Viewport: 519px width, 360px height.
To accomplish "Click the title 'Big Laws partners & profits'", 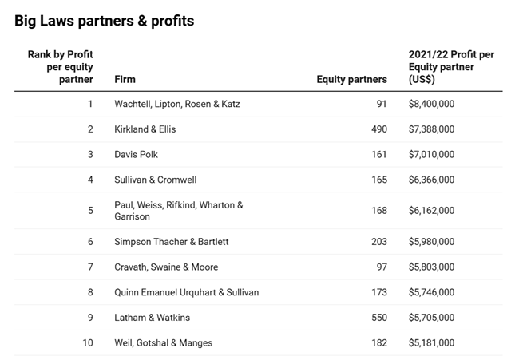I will (104, 22).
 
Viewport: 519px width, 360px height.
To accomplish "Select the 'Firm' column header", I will (125, 79).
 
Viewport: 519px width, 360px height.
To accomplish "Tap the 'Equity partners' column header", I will (351, 79).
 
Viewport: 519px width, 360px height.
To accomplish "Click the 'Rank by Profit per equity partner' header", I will (61, 66).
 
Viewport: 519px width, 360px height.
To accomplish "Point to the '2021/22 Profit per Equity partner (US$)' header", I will (451, 67).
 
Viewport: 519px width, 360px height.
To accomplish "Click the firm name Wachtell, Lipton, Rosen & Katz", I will (176, 104).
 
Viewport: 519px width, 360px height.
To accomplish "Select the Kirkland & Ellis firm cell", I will (145, 129).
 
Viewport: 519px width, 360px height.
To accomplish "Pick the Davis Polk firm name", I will (137, 154).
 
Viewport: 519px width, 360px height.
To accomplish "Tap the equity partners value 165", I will (378, 180).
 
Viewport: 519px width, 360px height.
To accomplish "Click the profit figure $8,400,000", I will (431, 104).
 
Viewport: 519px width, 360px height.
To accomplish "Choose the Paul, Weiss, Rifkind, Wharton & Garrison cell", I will (178, 211).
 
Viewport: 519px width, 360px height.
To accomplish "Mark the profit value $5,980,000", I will (431, 242).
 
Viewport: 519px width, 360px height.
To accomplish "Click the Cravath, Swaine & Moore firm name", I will (166, 267).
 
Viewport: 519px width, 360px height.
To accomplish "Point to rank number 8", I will (90, 292).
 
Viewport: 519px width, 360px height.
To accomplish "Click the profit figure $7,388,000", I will (431, 129).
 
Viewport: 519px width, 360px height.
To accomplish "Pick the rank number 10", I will (88, 343).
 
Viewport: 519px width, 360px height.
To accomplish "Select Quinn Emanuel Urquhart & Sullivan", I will (186, 292).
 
